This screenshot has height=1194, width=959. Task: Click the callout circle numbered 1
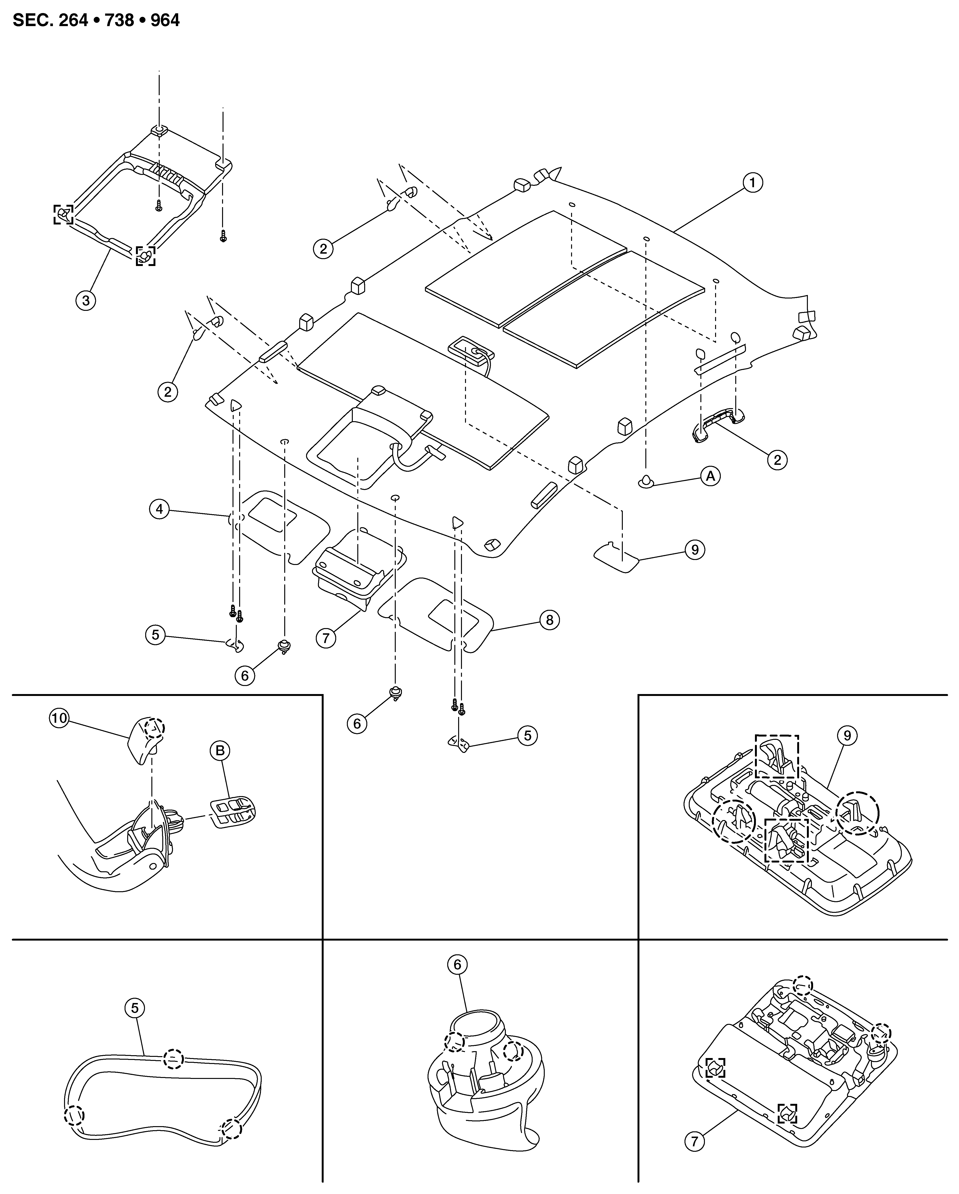[x=753, y=183]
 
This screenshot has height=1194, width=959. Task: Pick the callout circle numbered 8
[x=549, y=620]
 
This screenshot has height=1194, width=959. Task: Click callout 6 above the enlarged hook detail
[x=457, y=964]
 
